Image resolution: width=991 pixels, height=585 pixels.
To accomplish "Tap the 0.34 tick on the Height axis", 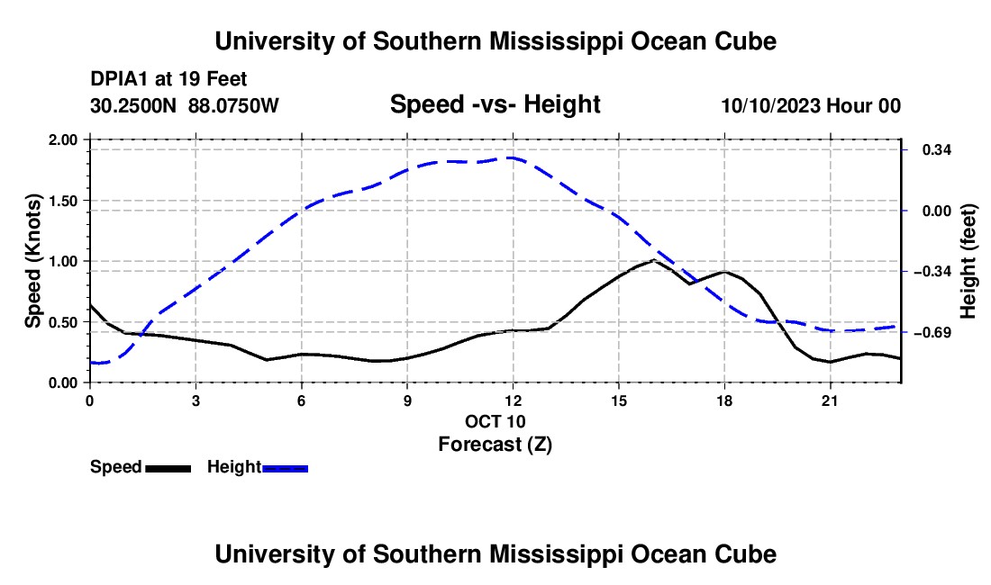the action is (x=905, y=149).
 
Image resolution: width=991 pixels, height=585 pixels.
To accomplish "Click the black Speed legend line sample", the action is (x=168, y=468).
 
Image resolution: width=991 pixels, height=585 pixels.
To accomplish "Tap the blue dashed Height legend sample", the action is (x=285, y=468).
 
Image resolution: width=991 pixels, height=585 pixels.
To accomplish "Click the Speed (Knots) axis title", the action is (x=32, y=261).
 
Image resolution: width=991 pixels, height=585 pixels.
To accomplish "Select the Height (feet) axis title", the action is (x=968, y=261).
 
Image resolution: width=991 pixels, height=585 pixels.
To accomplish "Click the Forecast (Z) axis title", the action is (x=495, y=445).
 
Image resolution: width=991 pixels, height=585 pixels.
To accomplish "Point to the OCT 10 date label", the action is (x=495, y=421).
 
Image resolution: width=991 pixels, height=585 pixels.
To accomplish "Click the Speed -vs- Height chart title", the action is (x=495, y=104).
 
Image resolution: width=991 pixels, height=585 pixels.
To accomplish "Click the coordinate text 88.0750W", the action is (x=233, y=105).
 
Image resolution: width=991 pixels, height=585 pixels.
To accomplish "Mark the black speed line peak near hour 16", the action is (x=653, y=259).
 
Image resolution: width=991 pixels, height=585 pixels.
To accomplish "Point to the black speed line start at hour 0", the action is (x=91, y=305).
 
